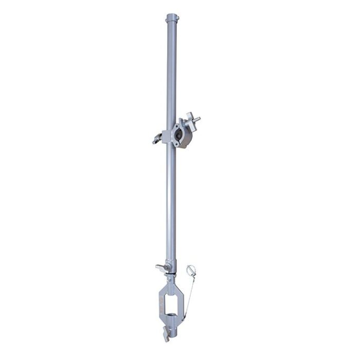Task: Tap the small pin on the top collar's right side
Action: (176, 20)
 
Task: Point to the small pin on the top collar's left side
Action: (165, 20)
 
